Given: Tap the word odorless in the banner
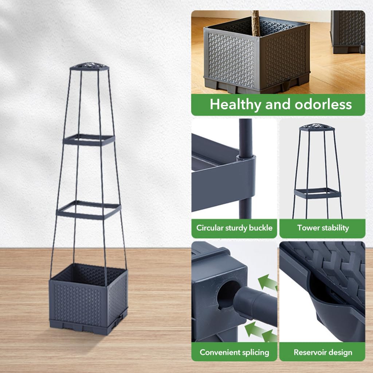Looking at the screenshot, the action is [x=323, y=104].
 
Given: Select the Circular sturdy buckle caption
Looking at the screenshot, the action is [x=234, y=228].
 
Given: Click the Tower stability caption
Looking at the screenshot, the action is [x=323, y=228].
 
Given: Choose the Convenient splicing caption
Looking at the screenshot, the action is [x=234, y=352].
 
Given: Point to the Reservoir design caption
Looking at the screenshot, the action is [x=323, y=352].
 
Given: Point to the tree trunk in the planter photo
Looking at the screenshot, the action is [x=255, y=23].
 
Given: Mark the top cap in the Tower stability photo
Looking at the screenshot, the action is [x=317, y=127].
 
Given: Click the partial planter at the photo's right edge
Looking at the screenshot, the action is [x=348, y=32].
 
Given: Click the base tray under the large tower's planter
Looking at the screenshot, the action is [x=88, y=326].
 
